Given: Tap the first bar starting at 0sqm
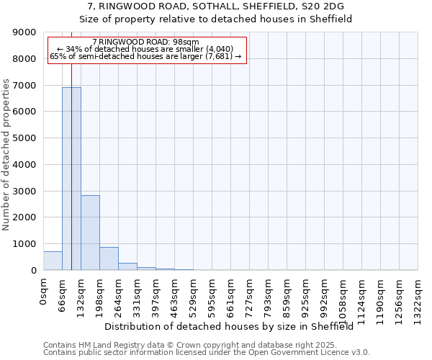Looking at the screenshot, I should coord(53,261).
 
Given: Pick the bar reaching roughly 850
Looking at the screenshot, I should coord(109,258).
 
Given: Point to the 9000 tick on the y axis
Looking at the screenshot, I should coord(25,32).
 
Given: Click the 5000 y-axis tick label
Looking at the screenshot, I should coord(25,138).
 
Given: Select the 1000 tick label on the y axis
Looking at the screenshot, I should coord(25,244).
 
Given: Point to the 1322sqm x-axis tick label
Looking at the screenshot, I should coord(418,299).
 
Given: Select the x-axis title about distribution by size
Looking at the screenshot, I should coord(233,327).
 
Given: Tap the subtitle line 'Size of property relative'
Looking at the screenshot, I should coord(215,19).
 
